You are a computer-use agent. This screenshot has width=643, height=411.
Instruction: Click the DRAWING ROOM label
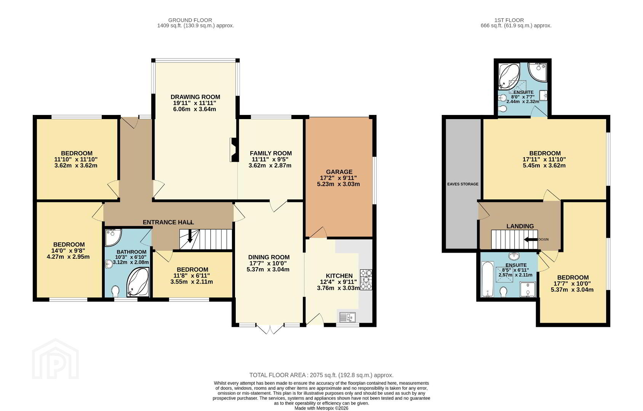[x=195, y=97]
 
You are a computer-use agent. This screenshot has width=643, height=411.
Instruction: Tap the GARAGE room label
[x=339, y=172]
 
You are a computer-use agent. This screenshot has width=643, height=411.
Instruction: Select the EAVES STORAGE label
[x=463, y=184]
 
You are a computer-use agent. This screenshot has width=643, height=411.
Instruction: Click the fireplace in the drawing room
[x=234, y=150]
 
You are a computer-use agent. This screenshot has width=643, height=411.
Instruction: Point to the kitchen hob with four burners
[x=366, y=280]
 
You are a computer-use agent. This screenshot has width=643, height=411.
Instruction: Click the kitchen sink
[x=348, y=317]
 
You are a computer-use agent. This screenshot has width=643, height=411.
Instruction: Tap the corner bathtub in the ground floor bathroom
[x=138, y=282]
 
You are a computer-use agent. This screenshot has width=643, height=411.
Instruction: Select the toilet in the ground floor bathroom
[x=115, y=292]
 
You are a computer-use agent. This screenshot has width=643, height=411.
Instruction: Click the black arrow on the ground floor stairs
[x=190, y=236]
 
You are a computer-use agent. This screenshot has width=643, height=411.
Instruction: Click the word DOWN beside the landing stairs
[x=544, y=239]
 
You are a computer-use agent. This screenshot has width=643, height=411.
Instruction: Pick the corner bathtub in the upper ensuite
[x=509, y=75]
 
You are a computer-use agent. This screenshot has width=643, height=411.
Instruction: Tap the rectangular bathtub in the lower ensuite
[x=488, y=279]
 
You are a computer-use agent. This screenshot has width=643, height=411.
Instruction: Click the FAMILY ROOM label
[x=271, y=153]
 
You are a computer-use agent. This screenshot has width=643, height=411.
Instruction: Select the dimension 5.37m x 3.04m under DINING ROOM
[x=268, y=269]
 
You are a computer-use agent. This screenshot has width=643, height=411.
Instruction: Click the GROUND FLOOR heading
[x=190, y=20]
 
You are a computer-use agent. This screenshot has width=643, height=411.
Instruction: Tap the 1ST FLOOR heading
[x=509, y=20]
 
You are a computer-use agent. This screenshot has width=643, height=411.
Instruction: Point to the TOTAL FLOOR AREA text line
[x=321, y=375]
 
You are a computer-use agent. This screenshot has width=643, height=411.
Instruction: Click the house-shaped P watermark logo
[x=55, y=359]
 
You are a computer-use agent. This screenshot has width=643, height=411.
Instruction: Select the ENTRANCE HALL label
[x=168, y=222]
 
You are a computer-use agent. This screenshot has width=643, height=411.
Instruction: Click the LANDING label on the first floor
[x=520, y=226]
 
